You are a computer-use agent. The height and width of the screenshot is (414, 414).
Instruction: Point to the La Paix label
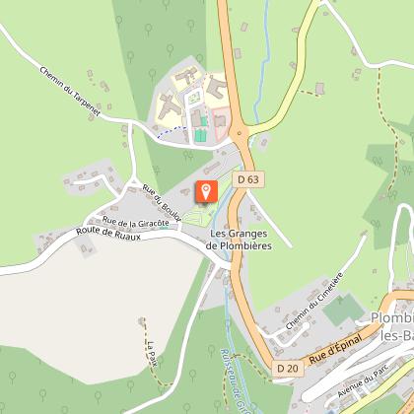(153, 352)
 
